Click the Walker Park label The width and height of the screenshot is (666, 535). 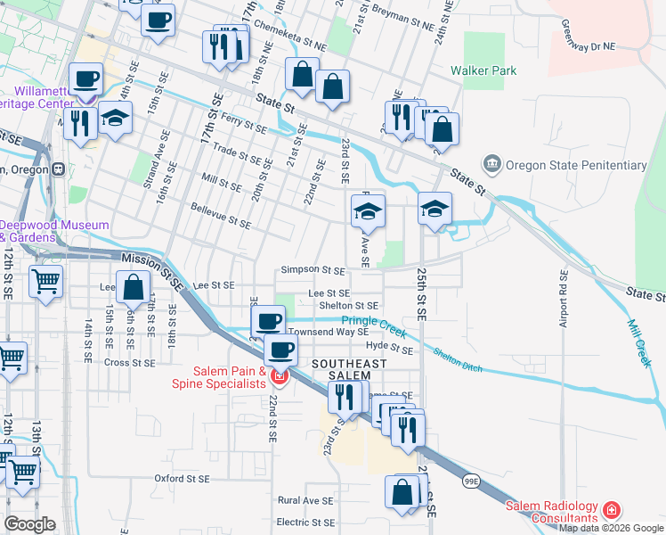coord(483,70)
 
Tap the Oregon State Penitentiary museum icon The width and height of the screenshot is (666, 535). coord(491,164)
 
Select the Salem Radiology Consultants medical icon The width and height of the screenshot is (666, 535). coord(612,510)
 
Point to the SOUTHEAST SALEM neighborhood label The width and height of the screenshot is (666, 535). coord(349,370)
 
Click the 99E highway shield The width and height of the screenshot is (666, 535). coord(469,481)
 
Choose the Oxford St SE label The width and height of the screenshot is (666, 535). coord(181,479)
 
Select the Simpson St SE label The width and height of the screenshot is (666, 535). coord(312,269)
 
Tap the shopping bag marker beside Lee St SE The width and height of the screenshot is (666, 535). coord(133,288)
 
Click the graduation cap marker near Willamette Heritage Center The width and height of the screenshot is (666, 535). coord(115,119)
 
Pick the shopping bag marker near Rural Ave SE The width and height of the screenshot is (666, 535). coord(402,491)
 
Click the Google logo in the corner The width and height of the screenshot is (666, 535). coord(29,524)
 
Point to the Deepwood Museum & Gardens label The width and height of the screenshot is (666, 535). coord(55,232)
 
